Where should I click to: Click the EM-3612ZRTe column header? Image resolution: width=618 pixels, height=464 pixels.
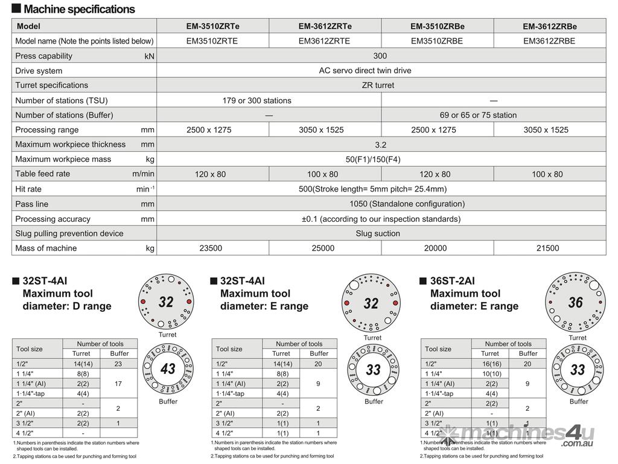pos(325,26)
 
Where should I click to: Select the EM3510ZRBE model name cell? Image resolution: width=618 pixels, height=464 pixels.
pos(437,41)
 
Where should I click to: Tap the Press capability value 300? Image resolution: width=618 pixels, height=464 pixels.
pos(380,56)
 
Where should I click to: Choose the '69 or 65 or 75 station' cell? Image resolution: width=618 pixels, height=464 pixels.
pos(478,115)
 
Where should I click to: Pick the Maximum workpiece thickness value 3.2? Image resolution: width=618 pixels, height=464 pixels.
pos(380,145)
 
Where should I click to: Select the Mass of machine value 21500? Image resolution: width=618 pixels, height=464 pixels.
pos(547,248)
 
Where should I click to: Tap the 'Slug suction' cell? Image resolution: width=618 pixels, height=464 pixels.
pos(378,233)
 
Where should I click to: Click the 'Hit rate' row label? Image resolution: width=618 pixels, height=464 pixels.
pos(28,189)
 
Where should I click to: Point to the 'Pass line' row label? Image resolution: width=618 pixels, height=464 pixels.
pos(31,204)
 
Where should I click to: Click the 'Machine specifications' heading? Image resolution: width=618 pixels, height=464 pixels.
pos(79,9)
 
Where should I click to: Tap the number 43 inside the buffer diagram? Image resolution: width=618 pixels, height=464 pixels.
pos(168,369)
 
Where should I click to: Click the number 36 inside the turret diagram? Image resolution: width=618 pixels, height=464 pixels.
pos(576,302)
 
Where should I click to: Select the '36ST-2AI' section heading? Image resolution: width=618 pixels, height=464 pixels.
pos(452,281)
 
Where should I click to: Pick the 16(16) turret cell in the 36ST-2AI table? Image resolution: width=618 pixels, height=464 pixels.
pos(489,364)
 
